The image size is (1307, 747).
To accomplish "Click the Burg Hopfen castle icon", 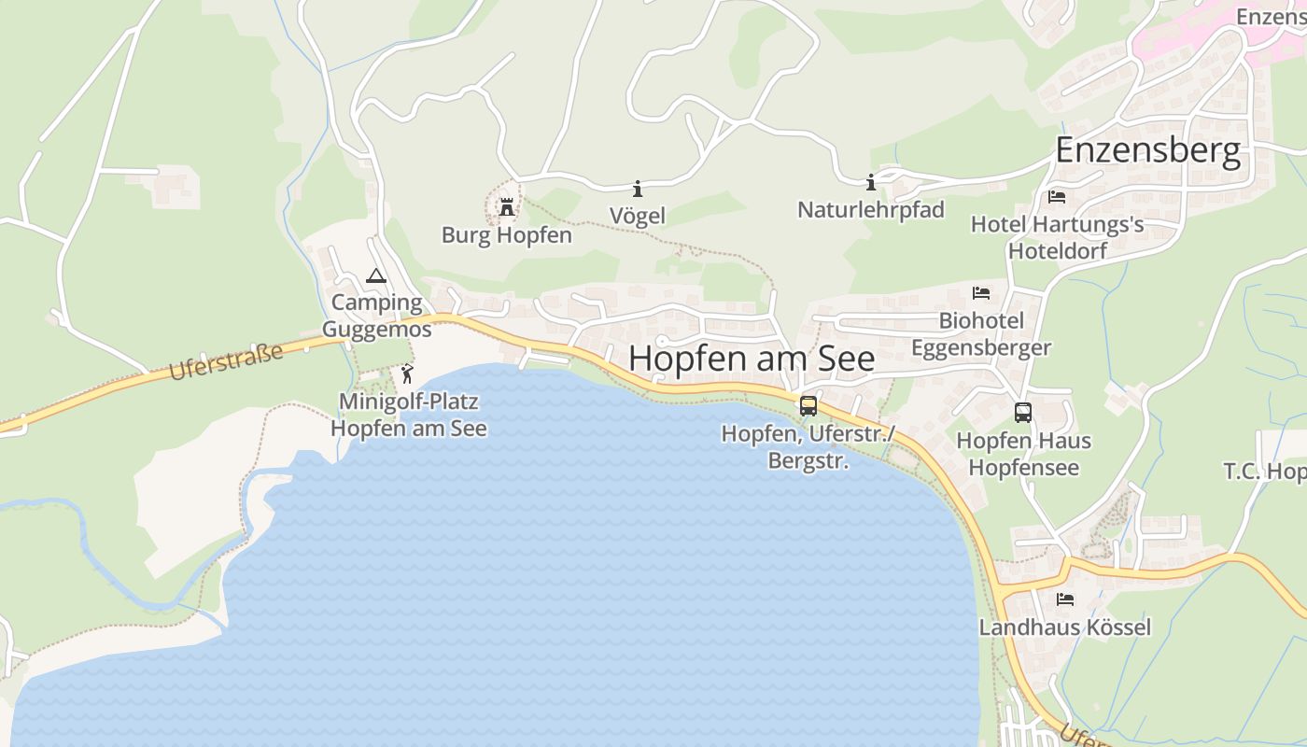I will click(507, 206).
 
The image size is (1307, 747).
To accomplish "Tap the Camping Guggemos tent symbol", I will click(375, 275).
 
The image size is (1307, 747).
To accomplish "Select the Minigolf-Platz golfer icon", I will click(407, 374).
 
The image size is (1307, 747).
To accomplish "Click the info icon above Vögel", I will click(638, 188).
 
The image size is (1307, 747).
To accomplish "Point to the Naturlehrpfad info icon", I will click(871, 182).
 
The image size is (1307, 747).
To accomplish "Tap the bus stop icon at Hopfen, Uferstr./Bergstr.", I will click(808, 406).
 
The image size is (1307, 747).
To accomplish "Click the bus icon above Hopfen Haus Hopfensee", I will click(1023, 412).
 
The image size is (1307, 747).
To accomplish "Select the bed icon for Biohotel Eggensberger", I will click(980, 293).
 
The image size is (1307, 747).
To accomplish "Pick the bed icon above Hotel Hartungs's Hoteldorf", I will click(1057, 197).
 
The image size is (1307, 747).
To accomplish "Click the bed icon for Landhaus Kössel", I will click(1064, 599).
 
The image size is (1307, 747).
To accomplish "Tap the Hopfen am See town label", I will click(752, 359).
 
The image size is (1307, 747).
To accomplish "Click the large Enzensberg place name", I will click(1148, 149).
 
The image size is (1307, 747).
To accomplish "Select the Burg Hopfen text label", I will click(507, 235).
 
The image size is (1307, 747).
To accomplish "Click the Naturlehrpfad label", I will click(870, 210).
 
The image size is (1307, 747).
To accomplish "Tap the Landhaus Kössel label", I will click(1064, 627).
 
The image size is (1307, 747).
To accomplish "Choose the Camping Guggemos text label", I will click(377, 316).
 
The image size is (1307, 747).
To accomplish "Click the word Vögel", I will click(638, 216).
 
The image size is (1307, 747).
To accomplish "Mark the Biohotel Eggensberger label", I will click(981, 334).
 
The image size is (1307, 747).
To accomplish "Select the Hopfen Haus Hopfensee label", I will click(1023, 454).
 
